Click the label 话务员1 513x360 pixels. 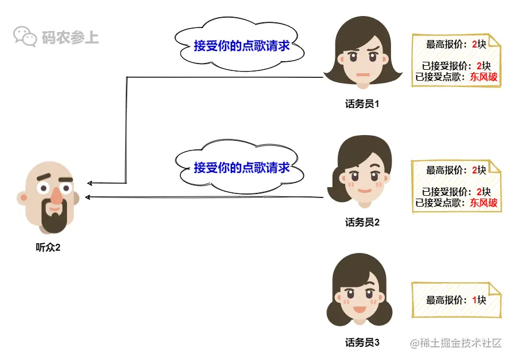[362, 105]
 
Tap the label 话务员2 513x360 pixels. [362, 223]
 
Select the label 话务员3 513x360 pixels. [362, 343]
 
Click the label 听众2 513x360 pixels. [48, 248]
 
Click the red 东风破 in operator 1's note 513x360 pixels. [484, 77]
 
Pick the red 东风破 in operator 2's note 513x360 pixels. [484, 203]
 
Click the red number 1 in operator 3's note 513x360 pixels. [475, 299]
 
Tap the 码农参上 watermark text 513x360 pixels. [70, 38]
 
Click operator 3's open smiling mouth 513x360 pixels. [358, 310]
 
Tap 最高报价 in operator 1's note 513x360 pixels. [445, 44]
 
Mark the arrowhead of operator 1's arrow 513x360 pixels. [89, 183]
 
